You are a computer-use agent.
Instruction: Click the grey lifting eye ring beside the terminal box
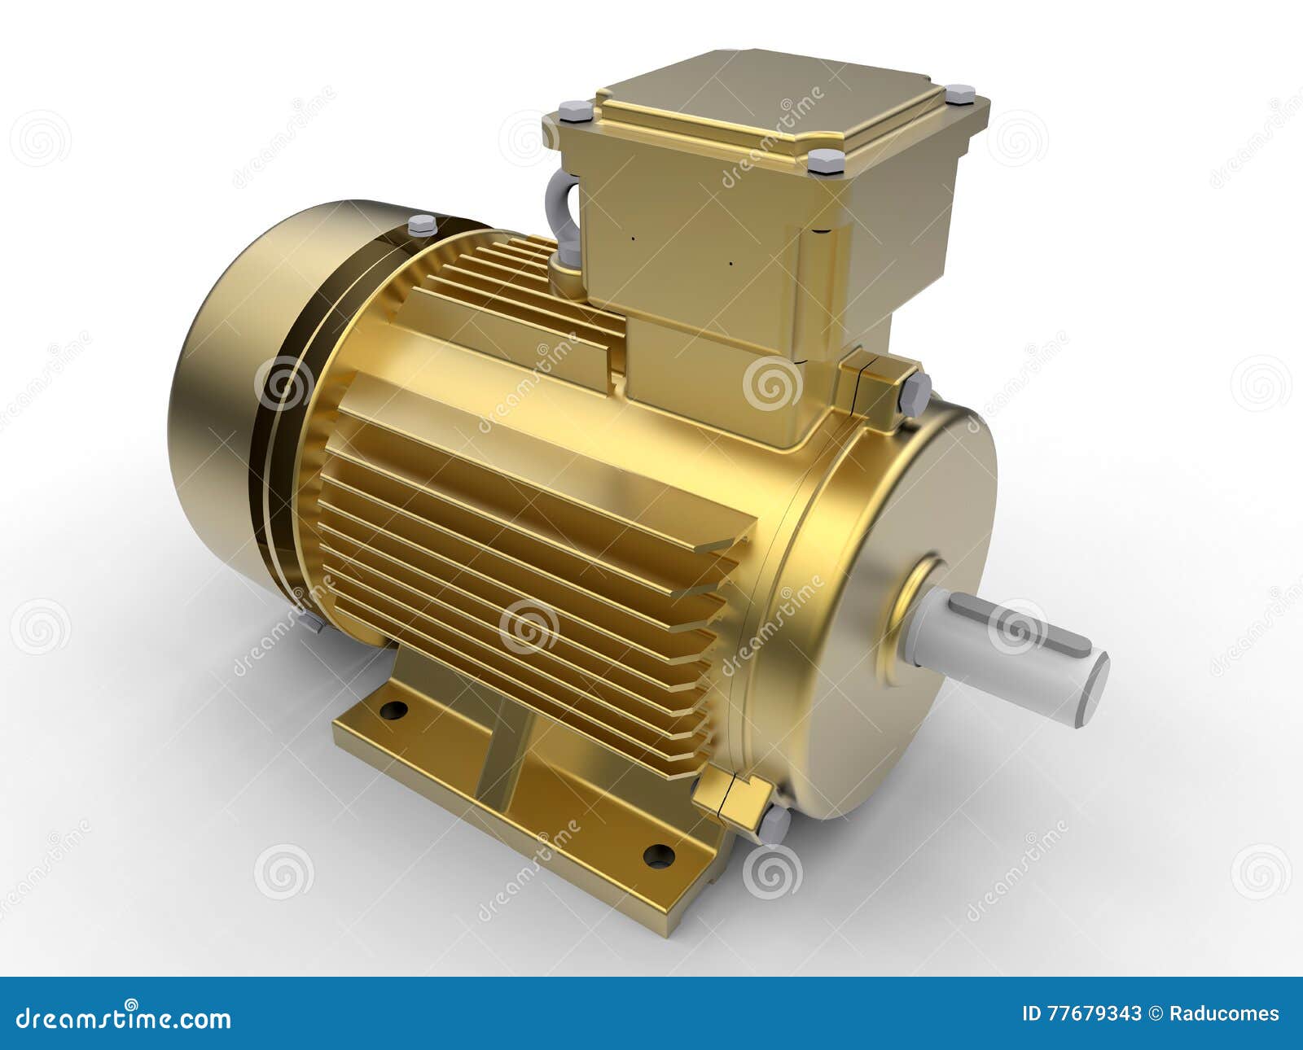(567, 216)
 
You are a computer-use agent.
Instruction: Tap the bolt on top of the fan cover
(421, 225)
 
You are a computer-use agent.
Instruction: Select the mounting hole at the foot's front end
(658, 855)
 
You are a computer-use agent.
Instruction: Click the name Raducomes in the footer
(1225, 1013)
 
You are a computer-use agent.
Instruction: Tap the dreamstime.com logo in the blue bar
(122, 1017)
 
